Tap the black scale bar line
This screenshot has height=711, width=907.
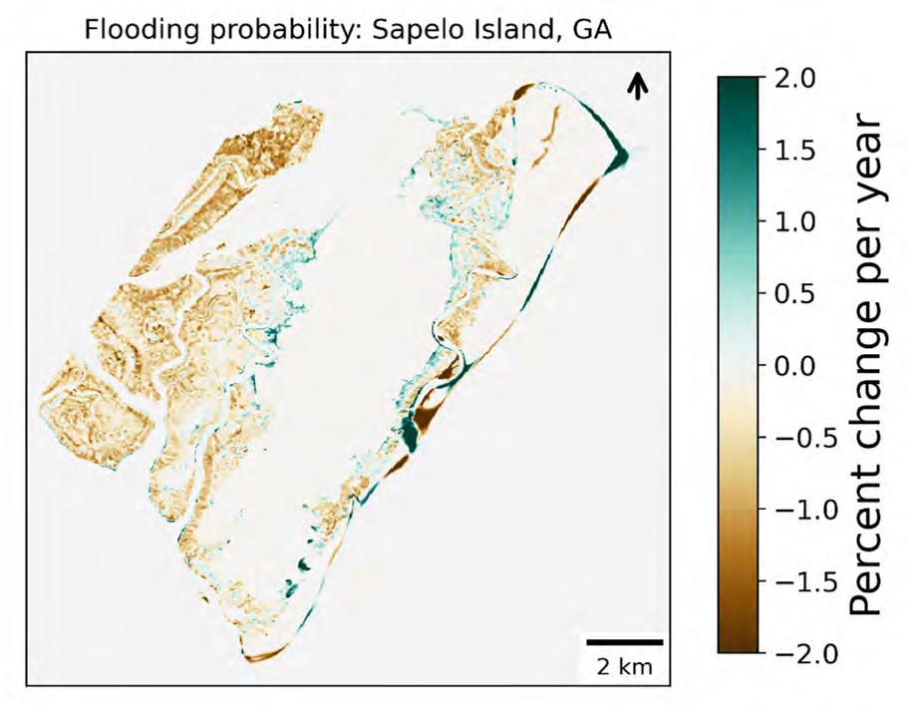(x=624, y=641)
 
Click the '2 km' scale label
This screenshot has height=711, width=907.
(x=623, y=665)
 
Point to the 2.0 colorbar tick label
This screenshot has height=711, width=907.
(x=795, y=78)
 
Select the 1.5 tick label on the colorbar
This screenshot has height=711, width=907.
(x=795, y=150)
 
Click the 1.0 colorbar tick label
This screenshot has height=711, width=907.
(x=795, y=221)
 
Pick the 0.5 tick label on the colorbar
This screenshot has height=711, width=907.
(x=795, y=293)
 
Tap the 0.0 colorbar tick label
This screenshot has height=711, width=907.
(x=795, y=365)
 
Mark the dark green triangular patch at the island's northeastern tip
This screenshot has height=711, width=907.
(x=617, y=155)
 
